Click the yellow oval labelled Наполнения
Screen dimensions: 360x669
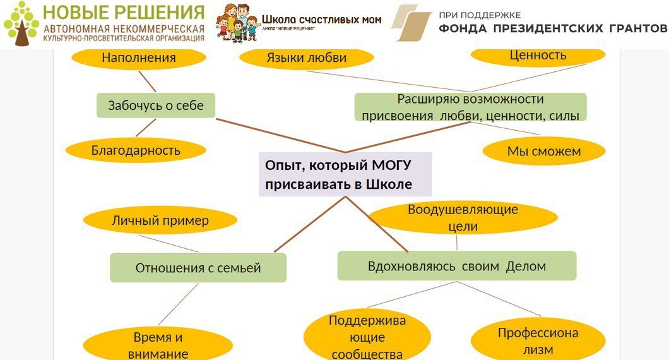(139, 57)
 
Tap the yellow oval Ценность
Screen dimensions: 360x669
(538, 55)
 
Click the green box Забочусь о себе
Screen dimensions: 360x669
(156, 105)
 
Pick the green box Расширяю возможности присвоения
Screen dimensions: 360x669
(470, 107)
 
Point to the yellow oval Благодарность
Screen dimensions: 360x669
(136, 150)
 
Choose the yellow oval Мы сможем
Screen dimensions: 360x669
(544, 152)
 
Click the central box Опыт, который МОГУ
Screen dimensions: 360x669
(345, 174)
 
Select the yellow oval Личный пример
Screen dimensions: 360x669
(160, 220)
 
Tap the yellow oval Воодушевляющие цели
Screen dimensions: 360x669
(463, 217)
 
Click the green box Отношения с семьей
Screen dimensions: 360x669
(198, 268)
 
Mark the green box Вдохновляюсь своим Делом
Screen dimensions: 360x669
(457, 266)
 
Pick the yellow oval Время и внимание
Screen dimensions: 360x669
(158, 344)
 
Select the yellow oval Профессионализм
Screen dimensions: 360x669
(538, 341)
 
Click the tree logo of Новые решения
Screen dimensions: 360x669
(21, 24)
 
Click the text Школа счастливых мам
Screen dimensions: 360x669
(322, 20)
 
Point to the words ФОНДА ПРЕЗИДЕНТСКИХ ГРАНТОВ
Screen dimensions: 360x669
(552, 28)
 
